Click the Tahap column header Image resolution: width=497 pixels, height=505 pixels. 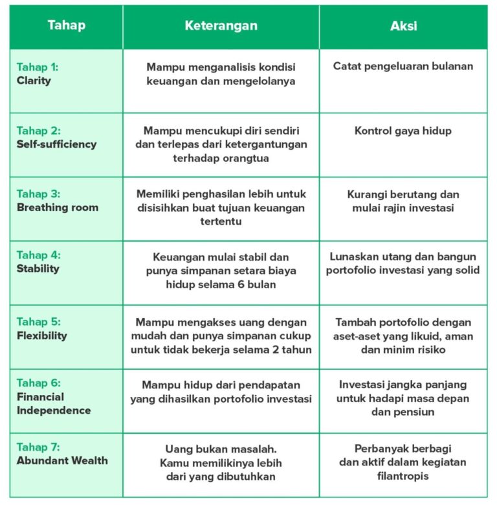point(66,26)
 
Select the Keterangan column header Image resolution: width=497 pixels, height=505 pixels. point(221,26)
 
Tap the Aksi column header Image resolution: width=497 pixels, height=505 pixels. point(403,26)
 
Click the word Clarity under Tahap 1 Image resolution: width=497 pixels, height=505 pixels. point(34,81)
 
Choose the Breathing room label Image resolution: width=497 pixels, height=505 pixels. point(58,208)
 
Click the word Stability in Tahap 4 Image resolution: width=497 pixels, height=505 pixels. point(38,269)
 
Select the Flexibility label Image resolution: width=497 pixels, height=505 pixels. point(41,335)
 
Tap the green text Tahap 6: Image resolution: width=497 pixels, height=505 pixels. point(39,383)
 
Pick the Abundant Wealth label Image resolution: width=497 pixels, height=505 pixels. point(62,461)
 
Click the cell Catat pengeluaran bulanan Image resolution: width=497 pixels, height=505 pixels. point(403,66)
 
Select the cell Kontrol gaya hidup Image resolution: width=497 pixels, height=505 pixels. point(403,131)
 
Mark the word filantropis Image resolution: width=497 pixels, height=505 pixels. point(403,477)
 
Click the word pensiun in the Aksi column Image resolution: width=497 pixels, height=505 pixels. point(415,412)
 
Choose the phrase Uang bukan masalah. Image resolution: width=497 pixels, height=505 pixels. point(221,449)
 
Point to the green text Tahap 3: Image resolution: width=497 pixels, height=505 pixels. point(39,194)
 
